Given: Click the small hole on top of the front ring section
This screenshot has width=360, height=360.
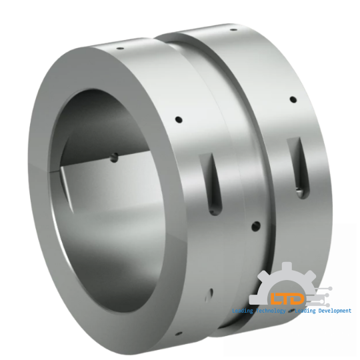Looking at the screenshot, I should pos(119,49).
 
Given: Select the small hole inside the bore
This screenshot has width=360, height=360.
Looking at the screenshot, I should pos(114,158).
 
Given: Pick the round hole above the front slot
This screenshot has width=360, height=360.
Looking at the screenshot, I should pos(179,121).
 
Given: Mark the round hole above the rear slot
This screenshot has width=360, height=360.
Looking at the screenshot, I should pos(291,101).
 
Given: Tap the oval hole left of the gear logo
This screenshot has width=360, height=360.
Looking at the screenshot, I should pos(210,291).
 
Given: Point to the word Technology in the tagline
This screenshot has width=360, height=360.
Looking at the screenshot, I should pos(269,312).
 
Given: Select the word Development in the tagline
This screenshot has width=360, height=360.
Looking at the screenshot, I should pos(333,312).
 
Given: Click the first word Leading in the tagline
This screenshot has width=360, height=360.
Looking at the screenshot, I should pos(243,312).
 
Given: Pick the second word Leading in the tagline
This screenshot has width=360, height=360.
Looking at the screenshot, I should pos(303,312).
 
